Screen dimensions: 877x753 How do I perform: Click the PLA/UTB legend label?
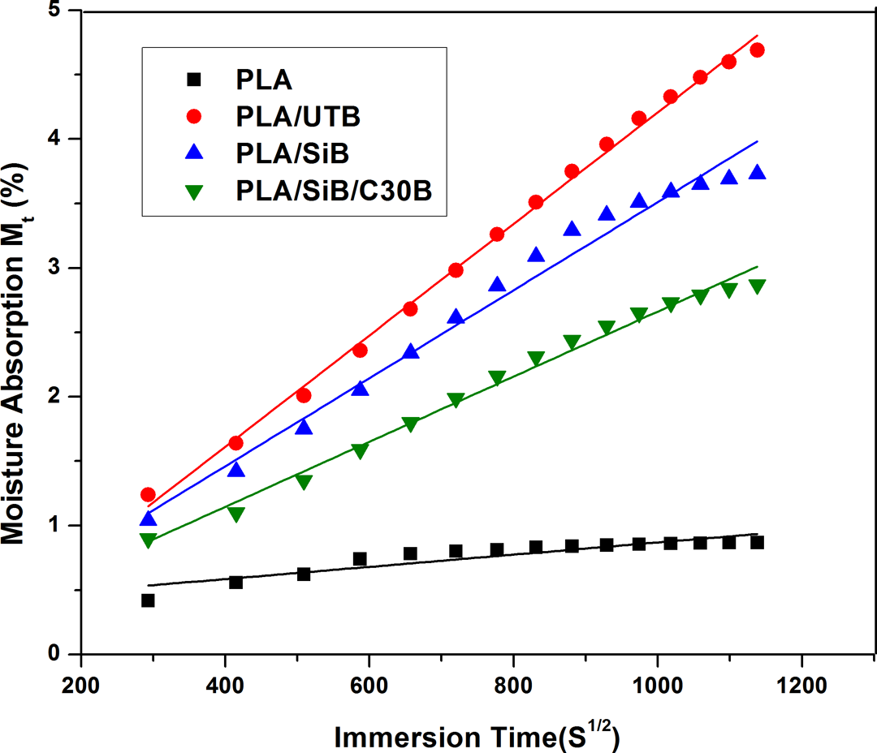(297, 116)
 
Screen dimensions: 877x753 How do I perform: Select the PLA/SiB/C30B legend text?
(334, 191)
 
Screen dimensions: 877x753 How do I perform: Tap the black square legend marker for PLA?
(193, 80)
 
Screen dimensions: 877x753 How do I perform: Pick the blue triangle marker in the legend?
(194, 152)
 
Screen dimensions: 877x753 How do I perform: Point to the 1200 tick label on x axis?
(801, 685)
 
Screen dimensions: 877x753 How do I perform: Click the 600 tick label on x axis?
(369, 685)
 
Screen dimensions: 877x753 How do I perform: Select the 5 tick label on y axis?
(54, 10)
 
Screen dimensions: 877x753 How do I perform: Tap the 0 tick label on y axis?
(54, 653)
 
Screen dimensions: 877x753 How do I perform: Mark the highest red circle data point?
(758, 50)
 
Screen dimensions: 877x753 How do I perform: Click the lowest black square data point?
(148, 600)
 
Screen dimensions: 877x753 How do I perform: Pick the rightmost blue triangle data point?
(758, 172)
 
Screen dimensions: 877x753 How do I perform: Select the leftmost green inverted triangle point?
(149, 540)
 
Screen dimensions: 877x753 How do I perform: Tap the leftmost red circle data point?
(149, 494)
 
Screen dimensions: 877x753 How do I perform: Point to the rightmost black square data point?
(758, 542)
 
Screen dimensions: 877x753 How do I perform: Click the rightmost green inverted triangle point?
(758, 286)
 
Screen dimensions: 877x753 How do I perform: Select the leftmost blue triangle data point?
(149, 518)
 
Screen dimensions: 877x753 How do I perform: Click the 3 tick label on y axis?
(54, 267)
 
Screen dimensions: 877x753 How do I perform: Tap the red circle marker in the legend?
(193, 116)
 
